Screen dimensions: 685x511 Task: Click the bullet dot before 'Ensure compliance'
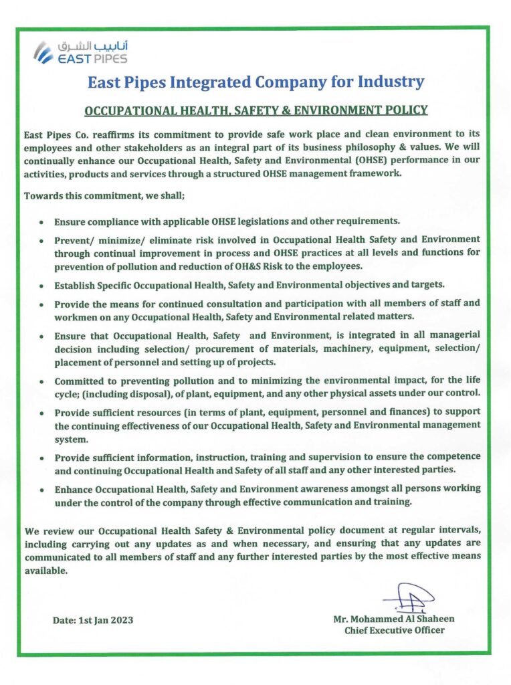[x=43, y=221]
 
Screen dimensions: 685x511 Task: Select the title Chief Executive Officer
[x=394, y=630]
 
